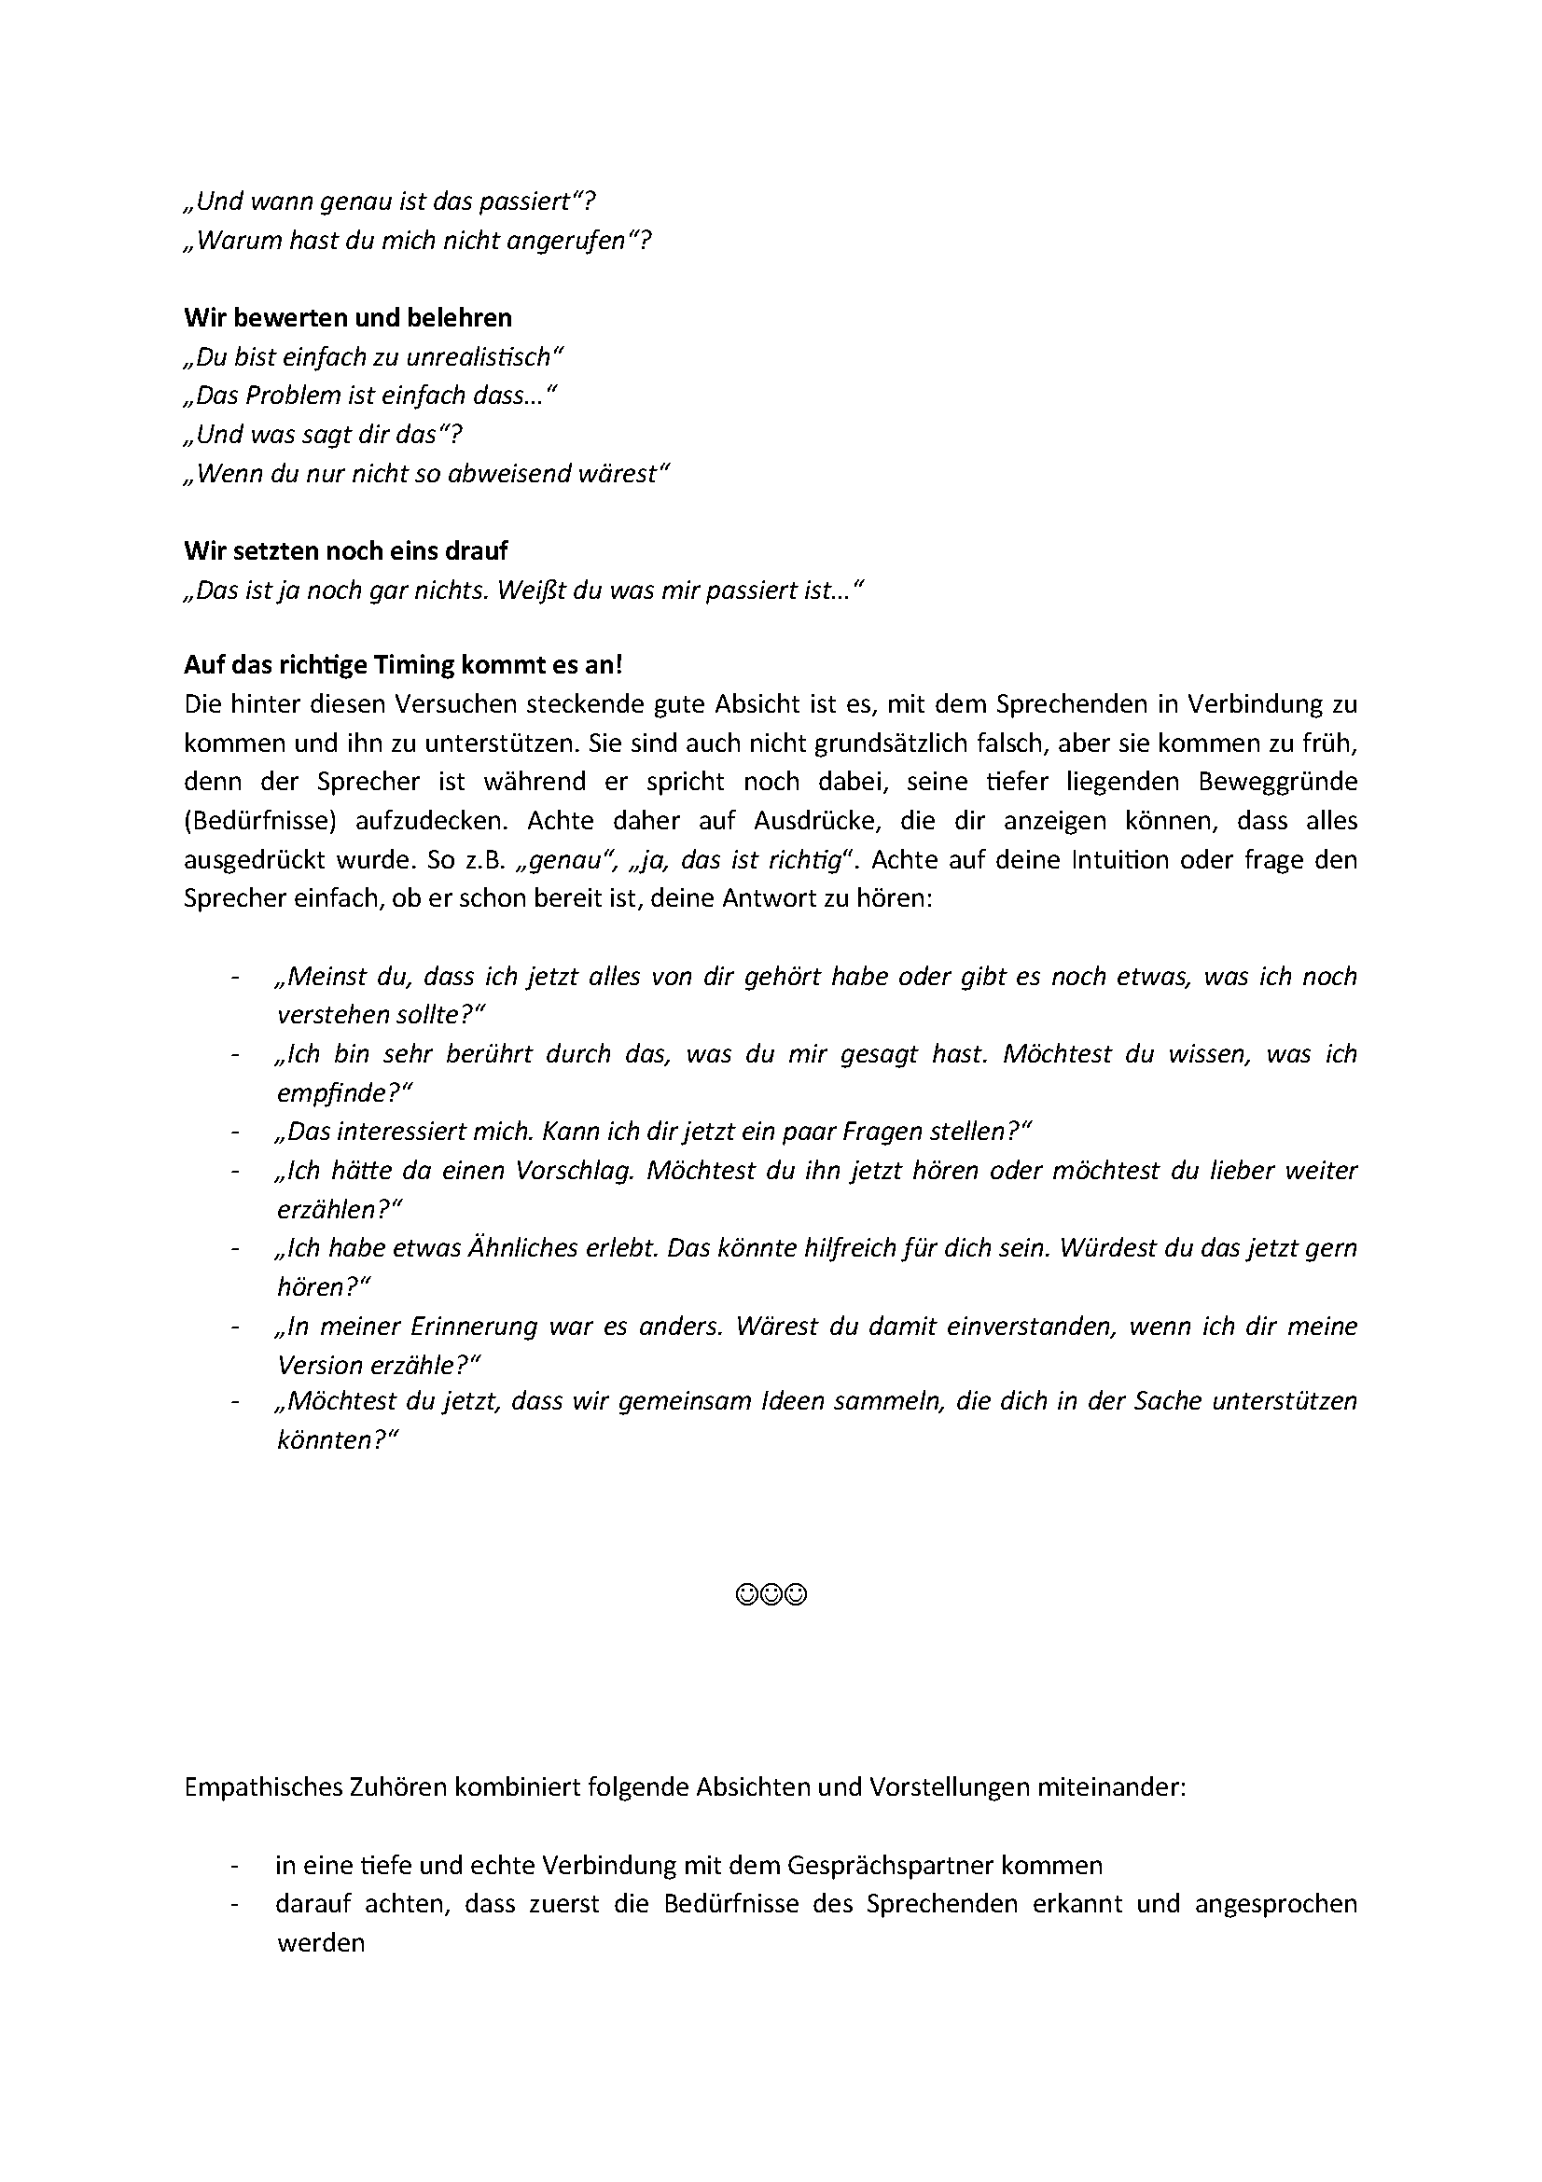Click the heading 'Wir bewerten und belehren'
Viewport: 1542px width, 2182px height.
(348, 317)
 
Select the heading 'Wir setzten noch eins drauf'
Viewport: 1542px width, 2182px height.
(346, 550)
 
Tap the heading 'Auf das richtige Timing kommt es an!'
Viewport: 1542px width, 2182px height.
(403, 664)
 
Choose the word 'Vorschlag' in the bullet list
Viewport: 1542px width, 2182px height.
(574, 1170)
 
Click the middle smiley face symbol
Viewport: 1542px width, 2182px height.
(771, 1593)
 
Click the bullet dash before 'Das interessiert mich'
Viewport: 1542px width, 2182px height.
(234, 1132)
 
